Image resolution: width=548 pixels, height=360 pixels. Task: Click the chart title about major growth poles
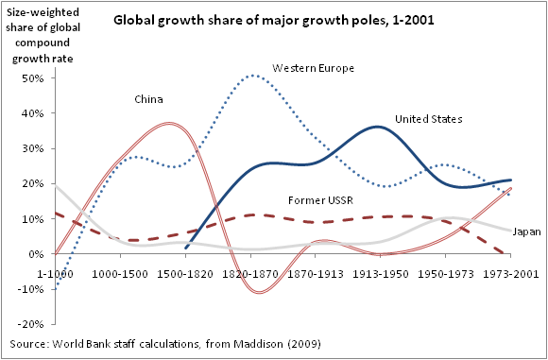point(274,20)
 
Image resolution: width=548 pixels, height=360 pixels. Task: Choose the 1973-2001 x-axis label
point(510,274)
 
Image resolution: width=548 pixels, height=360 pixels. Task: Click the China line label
point(147,99)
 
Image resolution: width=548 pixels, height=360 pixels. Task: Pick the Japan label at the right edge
point(527,232)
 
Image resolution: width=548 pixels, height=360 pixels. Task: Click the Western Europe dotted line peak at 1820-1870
point(253,76)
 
